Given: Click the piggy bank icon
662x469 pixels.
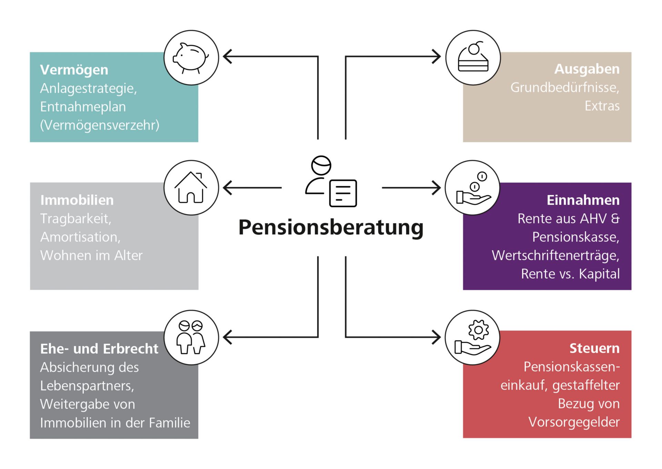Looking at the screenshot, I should pos(191,58).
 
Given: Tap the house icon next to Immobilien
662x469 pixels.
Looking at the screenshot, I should pos(191,188).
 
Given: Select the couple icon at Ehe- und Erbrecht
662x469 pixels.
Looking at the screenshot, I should pos(191,337).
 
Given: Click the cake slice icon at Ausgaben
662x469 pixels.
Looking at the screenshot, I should pos(473,58).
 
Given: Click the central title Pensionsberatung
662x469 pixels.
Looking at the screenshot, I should pos(331,227).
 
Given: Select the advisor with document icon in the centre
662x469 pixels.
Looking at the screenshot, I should pos(331,182).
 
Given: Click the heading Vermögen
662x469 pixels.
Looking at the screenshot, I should pos(74,70).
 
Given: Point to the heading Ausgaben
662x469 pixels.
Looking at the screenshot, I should pos(587,69).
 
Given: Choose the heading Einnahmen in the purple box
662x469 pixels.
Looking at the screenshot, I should pos(583,200).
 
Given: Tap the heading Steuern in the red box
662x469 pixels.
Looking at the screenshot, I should pos(594,348).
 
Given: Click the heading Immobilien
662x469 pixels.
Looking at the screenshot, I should pos(77,200).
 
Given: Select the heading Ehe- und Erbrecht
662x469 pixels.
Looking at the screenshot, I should pos(99,349).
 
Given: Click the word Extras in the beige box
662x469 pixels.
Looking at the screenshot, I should pos(602,106).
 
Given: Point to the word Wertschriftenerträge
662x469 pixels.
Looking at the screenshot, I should pos(555,256).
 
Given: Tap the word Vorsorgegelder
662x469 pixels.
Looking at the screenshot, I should pos(574,422).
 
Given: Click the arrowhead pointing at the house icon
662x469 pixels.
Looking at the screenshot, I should pos(227,188).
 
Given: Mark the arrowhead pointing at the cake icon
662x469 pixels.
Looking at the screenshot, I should pos(437,57).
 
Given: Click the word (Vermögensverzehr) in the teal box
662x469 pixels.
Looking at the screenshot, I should pos(100,125).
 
